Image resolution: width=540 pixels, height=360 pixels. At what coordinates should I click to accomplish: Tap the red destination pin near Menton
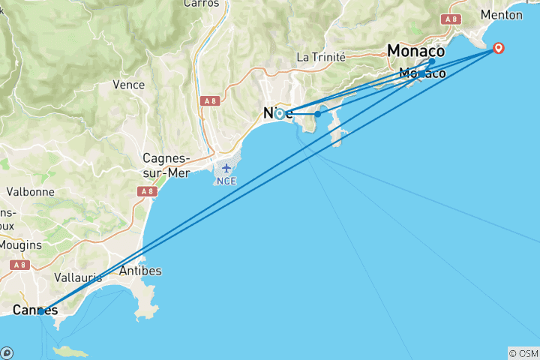(x=498, y=49)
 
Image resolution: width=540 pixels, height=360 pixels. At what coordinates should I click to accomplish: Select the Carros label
(x=201, y=4)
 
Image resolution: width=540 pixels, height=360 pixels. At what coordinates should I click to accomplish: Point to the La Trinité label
(x=321, y=56)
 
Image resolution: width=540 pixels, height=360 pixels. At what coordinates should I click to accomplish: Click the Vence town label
(x=128, y=85)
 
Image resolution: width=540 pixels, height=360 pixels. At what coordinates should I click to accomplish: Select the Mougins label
(x=20, y=244)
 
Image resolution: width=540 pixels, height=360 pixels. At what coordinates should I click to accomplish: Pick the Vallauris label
(x=78, y=277)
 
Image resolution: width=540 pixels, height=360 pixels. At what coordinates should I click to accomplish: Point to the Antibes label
(x=140, y=271)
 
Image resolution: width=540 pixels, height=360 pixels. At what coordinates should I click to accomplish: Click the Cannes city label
(x=34, y=310)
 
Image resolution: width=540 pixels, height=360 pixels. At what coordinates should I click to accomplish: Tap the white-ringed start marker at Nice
(x=279, y=114)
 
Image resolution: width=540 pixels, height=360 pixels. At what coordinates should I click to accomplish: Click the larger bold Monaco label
(x=415, y=51)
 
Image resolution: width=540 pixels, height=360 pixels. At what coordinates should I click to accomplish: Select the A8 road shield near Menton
(x=451, y=19)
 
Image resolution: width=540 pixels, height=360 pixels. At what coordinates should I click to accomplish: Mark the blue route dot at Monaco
(x=432, y=61)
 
